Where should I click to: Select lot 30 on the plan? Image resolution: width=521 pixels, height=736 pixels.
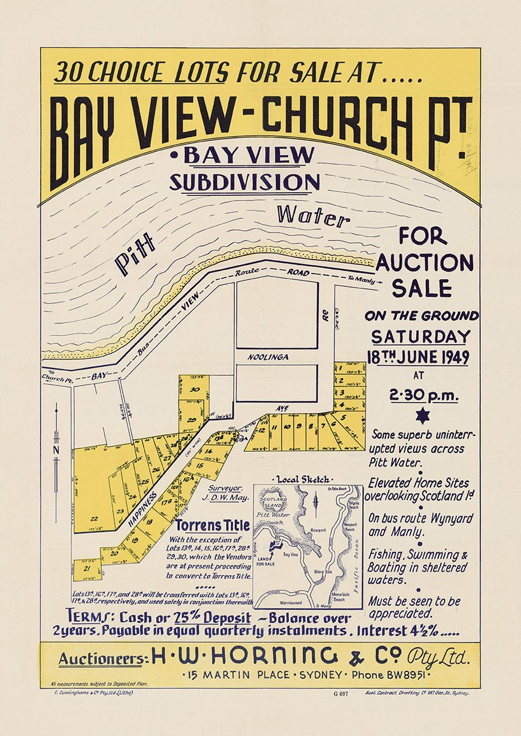pyautogui.click(x=195, y=389)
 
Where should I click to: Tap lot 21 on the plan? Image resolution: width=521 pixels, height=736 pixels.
pyautogui.click(x=87, y=569)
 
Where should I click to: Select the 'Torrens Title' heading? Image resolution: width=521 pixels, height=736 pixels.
pyautogui.click(x=213, y=526)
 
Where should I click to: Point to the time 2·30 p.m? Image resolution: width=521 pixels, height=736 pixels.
pyautogui.click(x=424, y=395)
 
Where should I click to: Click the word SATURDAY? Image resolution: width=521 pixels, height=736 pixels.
pyautogui.click(x=420, y=337)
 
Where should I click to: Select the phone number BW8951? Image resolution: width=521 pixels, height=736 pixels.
pyautogui.click(x=439, y=675)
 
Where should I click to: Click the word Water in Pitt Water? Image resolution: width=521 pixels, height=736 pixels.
pyautogui.click(x=312, y=216)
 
